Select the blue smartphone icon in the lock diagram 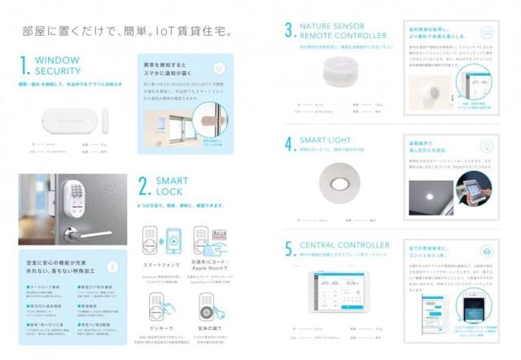tap(173, 242)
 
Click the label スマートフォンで tap(159, 266)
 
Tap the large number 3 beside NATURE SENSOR tap(289, 30)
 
